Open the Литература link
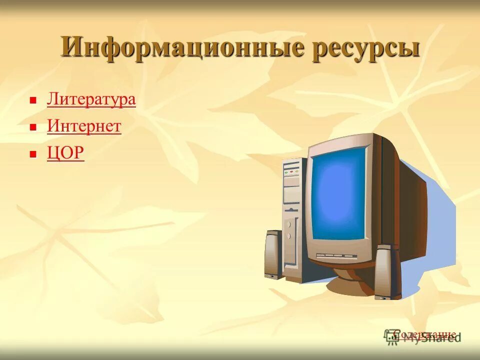click(x=91, y=99)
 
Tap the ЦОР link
click(x=65, y=153)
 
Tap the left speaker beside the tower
click(x=273, y=254)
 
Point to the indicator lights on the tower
click(x=290, y=172)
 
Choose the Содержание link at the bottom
click(x=424, y=334)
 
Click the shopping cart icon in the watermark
click(x=391, y=336)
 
